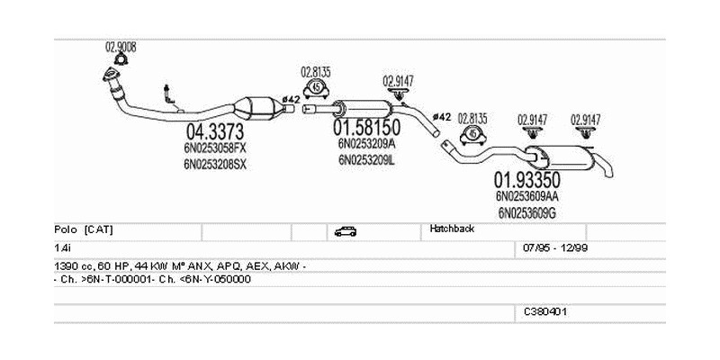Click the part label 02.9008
121,47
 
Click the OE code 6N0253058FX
214,149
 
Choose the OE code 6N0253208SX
214,165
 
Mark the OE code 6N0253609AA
526,195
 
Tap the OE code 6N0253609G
526,212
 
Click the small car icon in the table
345,231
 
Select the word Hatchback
452,229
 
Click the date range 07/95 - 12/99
555,247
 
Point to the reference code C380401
545,311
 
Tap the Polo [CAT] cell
84,229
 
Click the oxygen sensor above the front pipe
168,92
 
